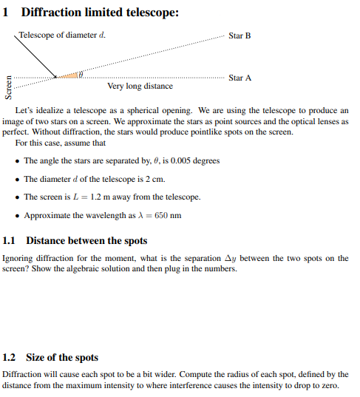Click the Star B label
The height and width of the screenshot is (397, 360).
[240, 35]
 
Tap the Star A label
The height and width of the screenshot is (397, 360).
[240, 78]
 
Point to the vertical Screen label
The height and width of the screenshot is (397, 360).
[9, 88]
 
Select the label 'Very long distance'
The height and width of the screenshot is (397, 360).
[140, 86]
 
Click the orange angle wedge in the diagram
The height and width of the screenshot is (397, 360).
[68, 76]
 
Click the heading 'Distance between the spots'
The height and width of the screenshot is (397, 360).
[86, 241]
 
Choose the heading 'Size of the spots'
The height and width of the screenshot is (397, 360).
[62, 358]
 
